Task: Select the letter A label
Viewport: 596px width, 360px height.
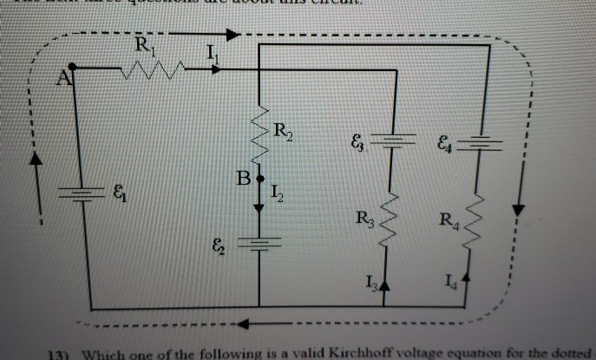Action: (x=62, y=80)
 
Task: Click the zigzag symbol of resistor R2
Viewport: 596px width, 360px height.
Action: (x=260, y=134)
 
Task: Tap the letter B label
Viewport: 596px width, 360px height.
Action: (x=246, y=180)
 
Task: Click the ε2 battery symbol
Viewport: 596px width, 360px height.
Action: (x=260, y=245)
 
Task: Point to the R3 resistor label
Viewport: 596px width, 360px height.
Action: (x=364, y=221)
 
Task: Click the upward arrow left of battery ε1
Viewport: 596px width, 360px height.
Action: (x=36, y=160)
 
